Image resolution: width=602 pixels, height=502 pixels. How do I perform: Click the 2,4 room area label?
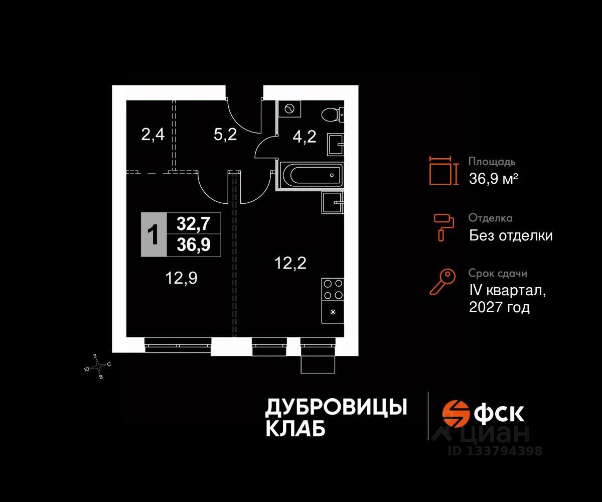pos(153,135)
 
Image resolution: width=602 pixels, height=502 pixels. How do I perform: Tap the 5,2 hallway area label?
pos(225,135)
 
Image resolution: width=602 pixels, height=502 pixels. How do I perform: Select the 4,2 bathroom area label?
pos(304,137)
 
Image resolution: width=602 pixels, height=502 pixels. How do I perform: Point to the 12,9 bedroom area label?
pos(181,278)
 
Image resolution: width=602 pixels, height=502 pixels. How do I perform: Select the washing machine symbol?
pos(289,108)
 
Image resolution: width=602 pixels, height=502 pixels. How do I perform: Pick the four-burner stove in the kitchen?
pos(332,289)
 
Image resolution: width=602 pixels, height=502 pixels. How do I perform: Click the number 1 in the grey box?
pos(154,235)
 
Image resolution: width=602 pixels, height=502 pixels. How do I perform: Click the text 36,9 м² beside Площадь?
pos(493,178)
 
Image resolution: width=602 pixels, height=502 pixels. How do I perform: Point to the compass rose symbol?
pos(98,366)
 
